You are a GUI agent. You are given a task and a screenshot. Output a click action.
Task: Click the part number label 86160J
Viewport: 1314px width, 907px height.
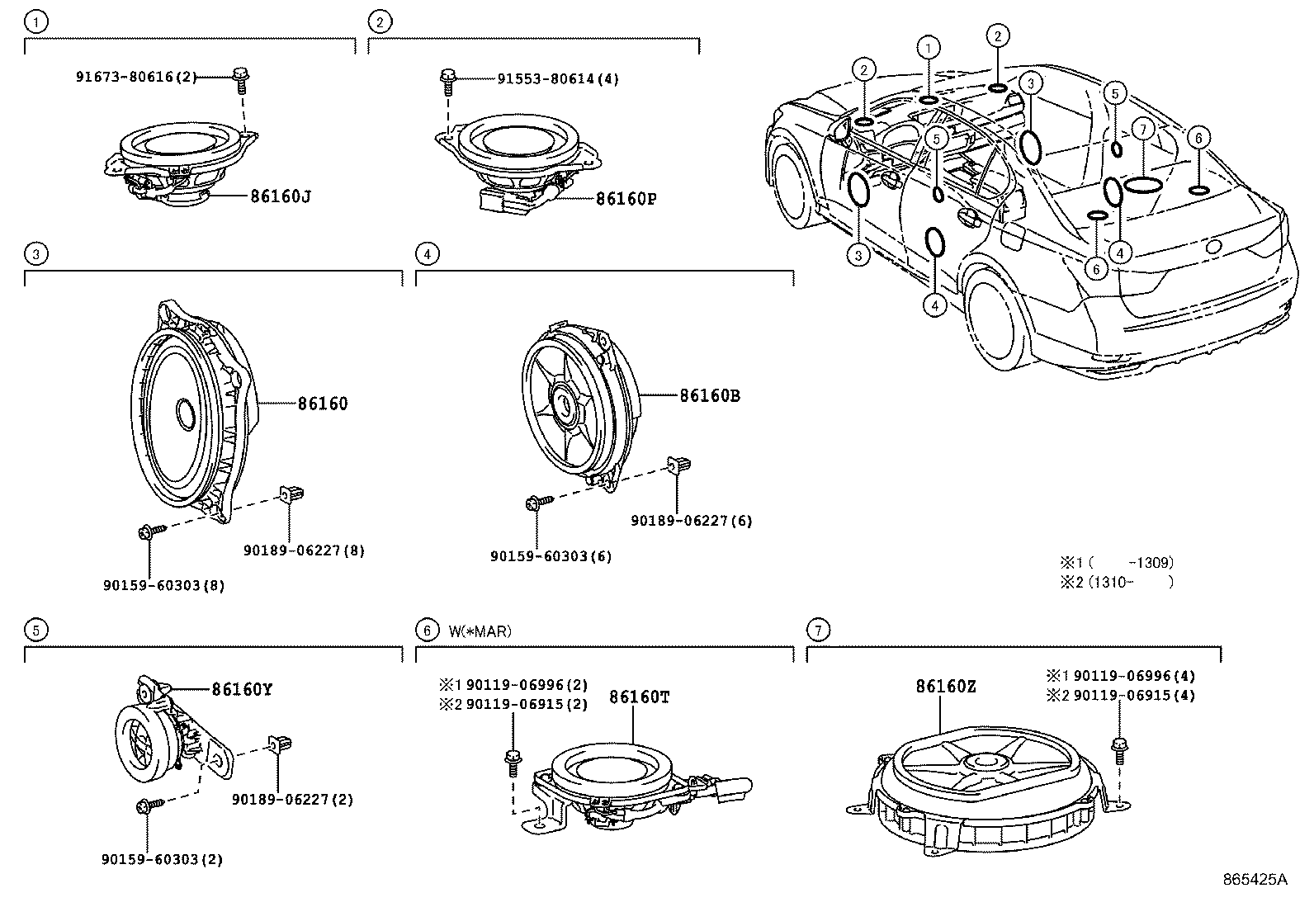tap(281, 196)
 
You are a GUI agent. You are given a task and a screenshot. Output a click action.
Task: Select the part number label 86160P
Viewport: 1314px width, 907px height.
tap(626, 198)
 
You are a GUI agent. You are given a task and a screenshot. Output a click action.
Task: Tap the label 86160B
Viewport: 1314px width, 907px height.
tap(710, 396)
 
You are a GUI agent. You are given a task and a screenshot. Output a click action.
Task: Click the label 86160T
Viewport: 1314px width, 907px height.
tap(639, 697)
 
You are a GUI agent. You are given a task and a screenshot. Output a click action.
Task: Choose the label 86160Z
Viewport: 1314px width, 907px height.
tap(946, 686)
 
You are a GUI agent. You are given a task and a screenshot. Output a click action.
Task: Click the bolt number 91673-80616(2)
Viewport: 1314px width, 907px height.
tap(136, 77)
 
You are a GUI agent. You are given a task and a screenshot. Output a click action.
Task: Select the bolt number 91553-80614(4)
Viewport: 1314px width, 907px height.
tap(557, 79)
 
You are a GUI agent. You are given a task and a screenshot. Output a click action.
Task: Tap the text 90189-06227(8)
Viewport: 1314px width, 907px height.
tap(304, 550)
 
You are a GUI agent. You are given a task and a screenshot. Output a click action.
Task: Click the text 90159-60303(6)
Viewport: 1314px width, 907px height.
tap(551, 556)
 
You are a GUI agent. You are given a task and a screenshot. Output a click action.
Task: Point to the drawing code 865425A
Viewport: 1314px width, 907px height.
tap(1255, 880)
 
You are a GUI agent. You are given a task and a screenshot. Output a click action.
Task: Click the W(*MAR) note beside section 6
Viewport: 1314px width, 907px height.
tap(480, 631)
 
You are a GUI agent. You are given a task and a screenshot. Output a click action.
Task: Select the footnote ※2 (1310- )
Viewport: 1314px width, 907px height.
tap(1116, 582)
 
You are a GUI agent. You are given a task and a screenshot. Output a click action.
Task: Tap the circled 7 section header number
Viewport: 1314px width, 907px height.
tap(817, 631)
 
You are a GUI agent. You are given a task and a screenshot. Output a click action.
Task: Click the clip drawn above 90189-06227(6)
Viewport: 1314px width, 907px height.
tap(678, 467)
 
